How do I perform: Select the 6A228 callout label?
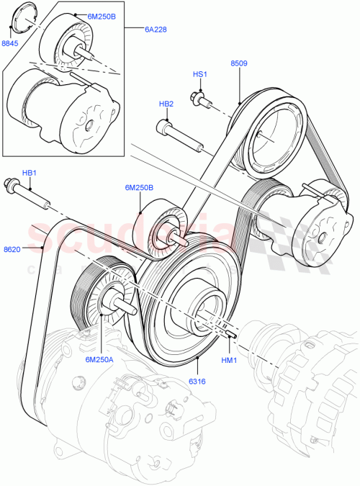(155, 30)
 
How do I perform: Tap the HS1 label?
(199, 74)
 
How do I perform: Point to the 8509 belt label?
(239, 63)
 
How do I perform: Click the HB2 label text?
(166, 104)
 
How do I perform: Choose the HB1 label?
(30, 173)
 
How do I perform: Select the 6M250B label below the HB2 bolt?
(140, 188)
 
